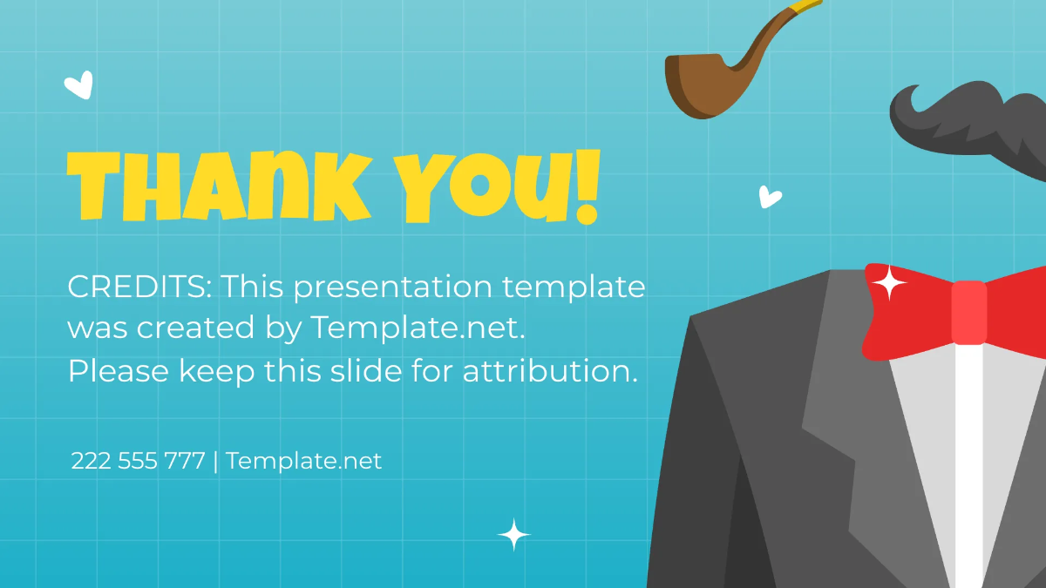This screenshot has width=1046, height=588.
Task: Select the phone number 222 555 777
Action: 138,460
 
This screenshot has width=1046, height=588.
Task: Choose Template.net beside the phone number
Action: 303,460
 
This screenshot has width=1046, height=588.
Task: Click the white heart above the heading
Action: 78,84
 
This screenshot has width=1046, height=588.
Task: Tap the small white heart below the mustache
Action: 770,197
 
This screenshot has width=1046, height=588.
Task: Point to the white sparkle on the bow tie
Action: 889,282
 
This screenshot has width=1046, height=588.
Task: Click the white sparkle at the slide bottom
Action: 513,534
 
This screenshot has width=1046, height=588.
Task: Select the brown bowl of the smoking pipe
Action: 697,85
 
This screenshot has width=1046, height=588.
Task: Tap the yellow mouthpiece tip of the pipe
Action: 805,8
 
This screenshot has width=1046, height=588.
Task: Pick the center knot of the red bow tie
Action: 968,312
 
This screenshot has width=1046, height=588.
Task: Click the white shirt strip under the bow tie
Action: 968,462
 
